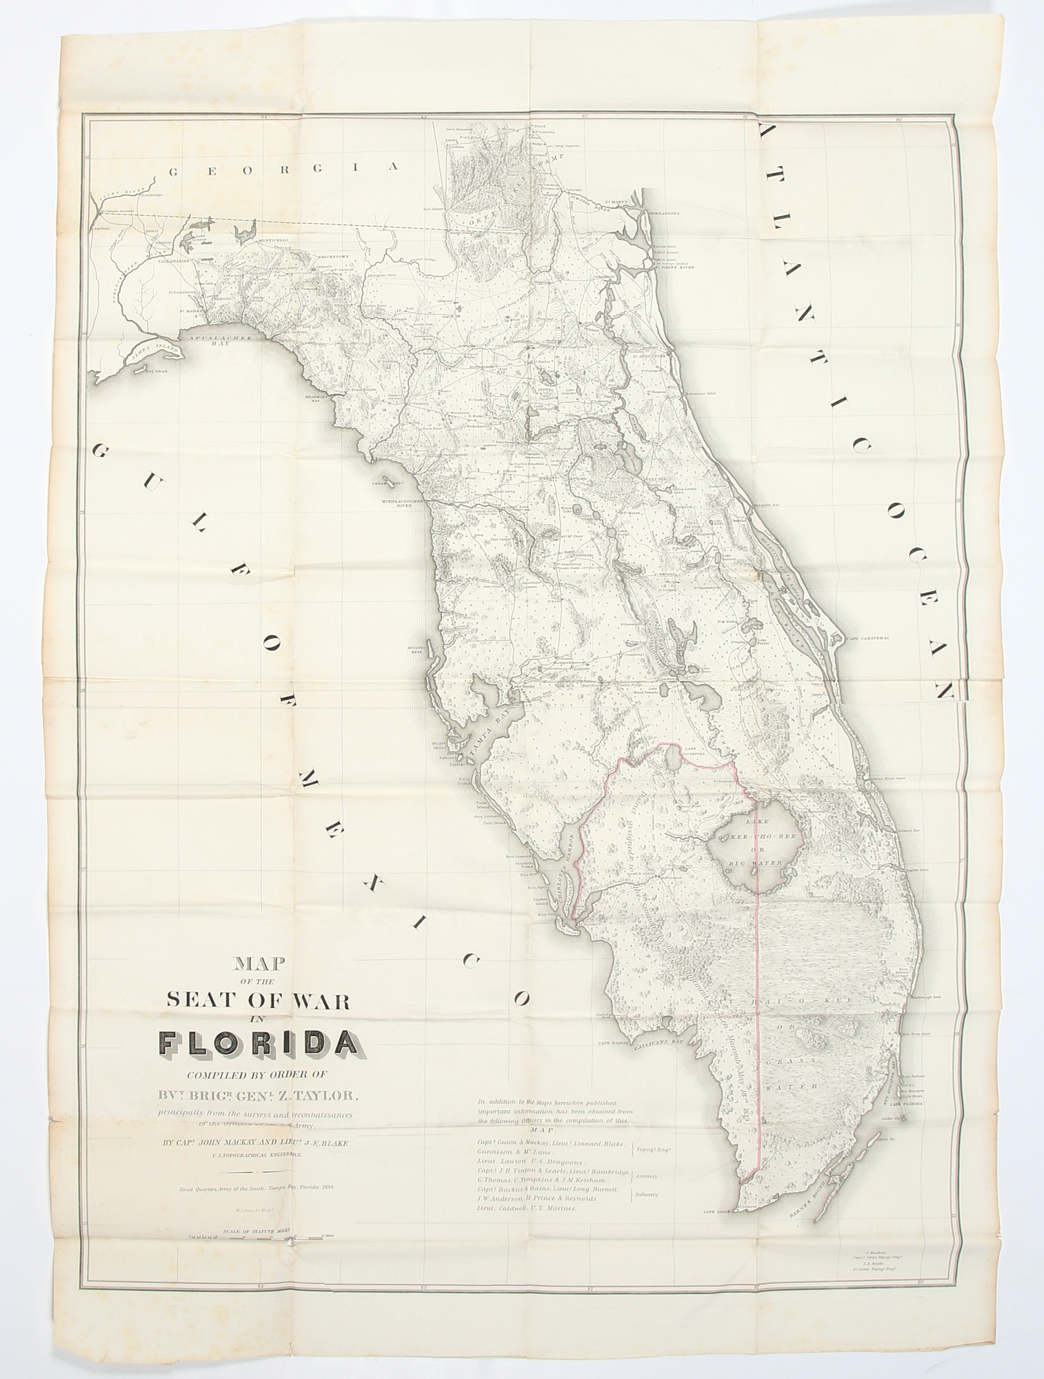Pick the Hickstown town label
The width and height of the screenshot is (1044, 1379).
(336, 256)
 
